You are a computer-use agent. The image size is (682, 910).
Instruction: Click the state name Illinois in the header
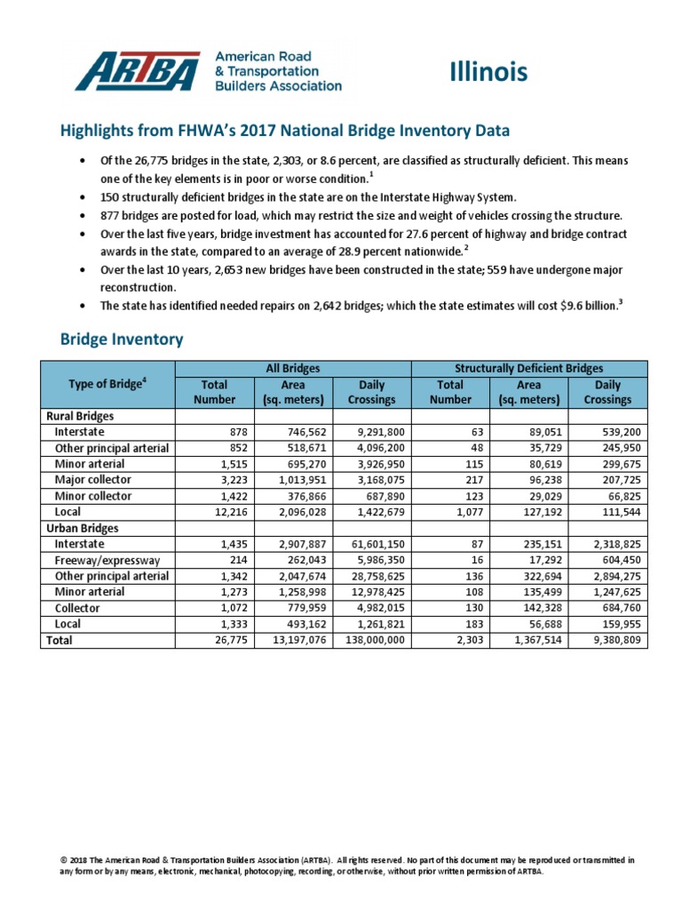(488, 72)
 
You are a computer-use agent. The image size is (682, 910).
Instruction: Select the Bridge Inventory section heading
(122, 339)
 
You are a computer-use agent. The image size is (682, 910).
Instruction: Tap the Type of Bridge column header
(107, 384)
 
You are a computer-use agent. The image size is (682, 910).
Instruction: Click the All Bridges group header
(293, 368)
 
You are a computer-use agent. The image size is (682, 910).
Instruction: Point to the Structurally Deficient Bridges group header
(529, 368)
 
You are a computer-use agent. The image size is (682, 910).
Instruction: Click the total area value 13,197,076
(297, 640)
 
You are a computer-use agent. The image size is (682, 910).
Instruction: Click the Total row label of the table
(59, 640)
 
